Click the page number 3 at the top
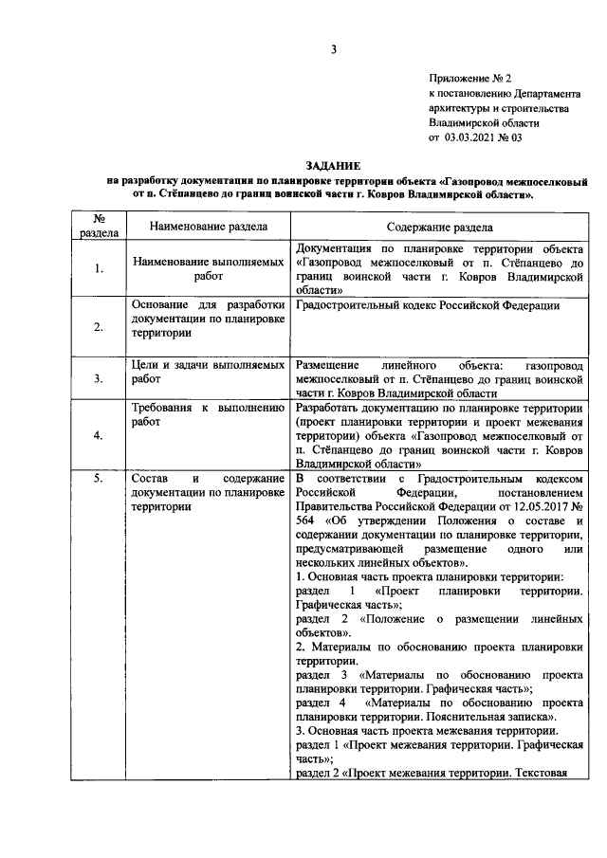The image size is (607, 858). pos(333,49)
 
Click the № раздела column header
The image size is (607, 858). pos(98,227)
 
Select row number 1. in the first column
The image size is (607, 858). pos(98,269)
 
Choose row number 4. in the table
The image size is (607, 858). pos(98,435)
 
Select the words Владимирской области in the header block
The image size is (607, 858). pos(484,122)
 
